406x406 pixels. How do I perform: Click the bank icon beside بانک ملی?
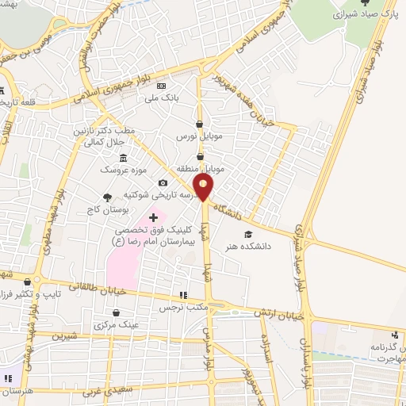(x=162, y=86)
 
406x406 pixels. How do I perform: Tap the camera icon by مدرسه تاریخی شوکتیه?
(x=163, y=183)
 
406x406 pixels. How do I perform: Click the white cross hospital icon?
(x=153, y=216)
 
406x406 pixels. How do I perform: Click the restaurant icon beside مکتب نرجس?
(x=184, y=295)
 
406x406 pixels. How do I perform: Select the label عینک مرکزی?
(x=116, y=325)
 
